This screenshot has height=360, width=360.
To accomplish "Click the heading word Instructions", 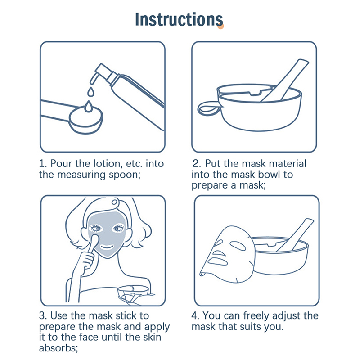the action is coord(179,19).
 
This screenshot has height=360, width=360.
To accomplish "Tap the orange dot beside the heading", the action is coord(220,26).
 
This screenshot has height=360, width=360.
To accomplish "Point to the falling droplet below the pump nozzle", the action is coord(91,92).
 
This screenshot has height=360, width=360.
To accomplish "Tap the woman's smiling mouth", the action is coord(107,247).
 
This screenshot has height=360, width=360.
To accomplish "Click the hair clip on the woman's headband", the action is coord(114,202).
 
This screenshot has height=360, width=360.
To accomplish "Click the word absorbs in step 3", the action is coord(58,348).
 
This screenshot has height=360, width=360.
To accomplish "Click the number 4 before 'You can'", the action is coord(195,316).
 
